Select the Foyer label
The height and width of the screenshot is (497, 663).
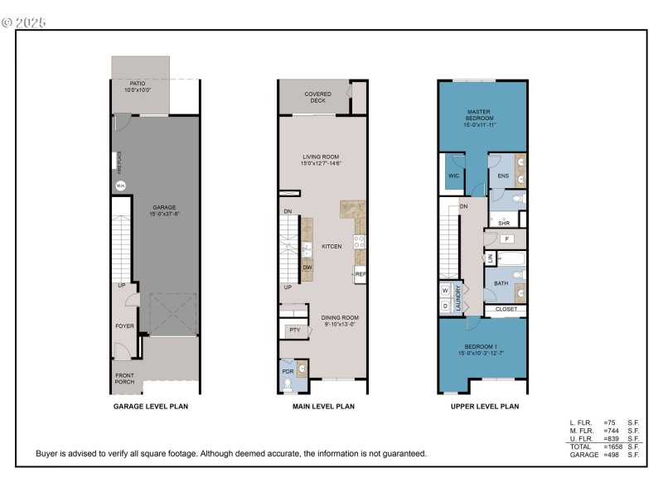pos(124,326)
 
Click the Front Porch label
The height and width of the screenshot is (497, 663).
pos(124,380)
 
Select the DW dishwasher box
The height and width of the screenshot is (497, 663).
pos(307,267)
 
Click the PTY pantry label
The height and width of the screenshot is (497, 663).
pos(294,330)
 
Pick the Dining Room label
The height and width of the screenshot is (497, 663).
pos(340,321)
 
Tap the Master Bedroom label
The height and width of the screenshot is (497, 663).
pos(480,115)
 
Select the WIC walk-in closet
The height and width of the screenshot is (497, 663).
pos(453,176)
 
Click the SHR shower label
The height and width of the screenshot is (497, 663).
pos(503,223)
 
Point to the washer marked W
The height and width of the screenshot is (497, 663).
pos(445,290)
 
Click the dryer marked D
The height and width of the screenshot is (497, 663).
pos(445,306)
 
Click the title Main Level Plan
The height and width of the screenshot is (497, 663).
pos(324,407)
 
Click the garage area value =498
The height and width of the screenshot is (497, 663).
pos(613,455)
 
